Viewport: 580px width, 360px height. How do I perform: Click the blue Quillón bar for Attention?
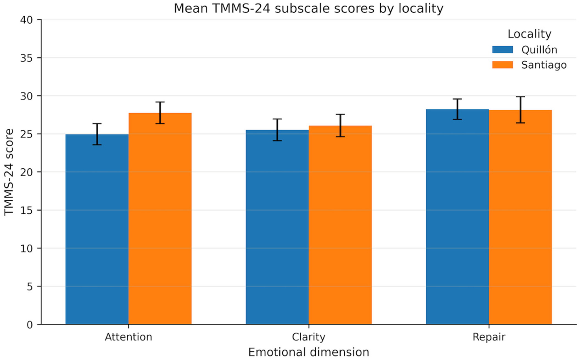[x=97, y=229]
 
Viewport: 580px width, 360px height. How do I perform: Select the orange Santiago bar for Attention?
[x=160, y=219]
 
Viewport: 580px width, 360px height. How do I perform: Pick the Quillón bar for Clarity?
[x=277, y=227]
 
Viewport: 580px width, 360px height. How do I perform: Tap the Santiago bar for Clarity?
[x=340, y=225]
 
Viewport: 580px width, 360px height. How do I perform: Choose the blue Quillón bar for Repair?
[x=457, y=217]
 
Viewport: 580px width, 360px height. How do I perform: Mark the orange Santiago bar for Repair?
[x=520, y=217]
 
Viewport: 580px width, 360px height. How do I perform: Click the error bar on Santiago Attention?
[x=160, y=113]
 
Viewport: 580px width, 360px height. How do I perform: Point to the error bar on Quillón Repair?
[x=457, y=109]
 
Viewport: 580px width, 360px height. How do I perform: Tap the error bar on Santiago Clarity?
[x=340, y=125]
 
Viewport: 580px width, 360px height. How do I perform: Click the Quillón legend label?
[x=539, y=50]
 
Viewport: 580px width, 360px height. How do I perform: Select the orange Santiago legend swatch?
[x=502, y=65]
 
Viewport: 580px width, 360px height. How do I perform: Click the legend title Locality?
[x=529, y=34]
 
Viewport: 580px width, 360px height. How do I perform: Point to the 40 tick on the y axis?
[x=26, y=20]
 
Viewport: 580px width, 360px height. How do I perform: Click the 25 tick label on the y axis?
[x=26, y=134]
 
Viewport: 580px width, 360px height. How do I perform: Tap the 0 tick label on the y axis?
[x=30, y=325]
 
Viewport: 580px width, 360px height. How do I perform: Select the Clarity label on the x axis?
[x=309, y=337]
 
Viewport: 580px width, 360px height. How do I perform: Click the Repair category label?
[x=489, y=337]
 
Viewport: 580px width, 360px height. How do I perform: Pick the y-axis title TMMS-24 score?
[x=9, y=172]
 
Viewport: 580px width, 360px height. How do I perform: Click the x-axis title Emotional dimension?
[x=309, y=352]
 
